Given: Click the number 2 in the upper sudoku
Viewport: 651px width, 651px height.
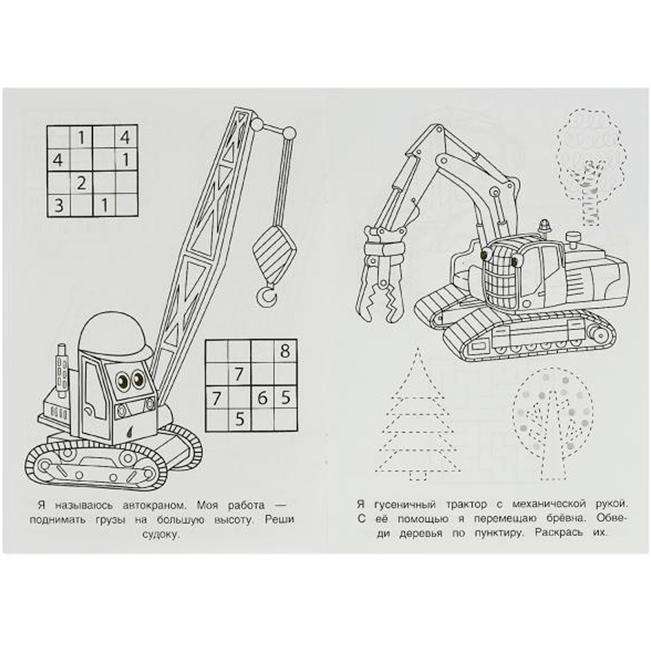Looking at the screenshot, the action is [x=81, y=182].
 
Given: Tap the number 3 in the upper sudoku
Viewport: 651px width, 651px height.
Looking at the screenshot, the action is [x=59, y=204].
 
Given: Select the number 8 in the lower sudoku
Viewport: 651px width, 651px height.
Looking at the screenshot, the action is [x=285, y=352].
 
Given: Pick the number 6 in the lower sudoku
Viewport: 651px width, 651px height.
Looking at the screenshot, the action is [x=262, y=398].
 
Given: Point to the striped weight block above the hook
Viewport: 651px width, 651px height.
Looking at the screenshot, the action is [x=275, y=254].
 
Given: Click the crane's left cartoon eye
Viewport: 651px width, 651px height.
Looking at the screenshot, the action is [x=123, y=380].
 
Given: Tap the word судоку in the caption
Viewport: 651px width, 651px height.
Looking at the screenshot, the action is [x=161, y=534].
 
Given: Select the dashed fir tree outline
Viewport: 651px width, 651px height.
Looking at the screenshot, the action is [x=418, y=415].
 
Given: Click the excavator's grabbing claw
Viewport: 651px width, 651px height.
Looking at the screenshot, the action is [x=380, y=278].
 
